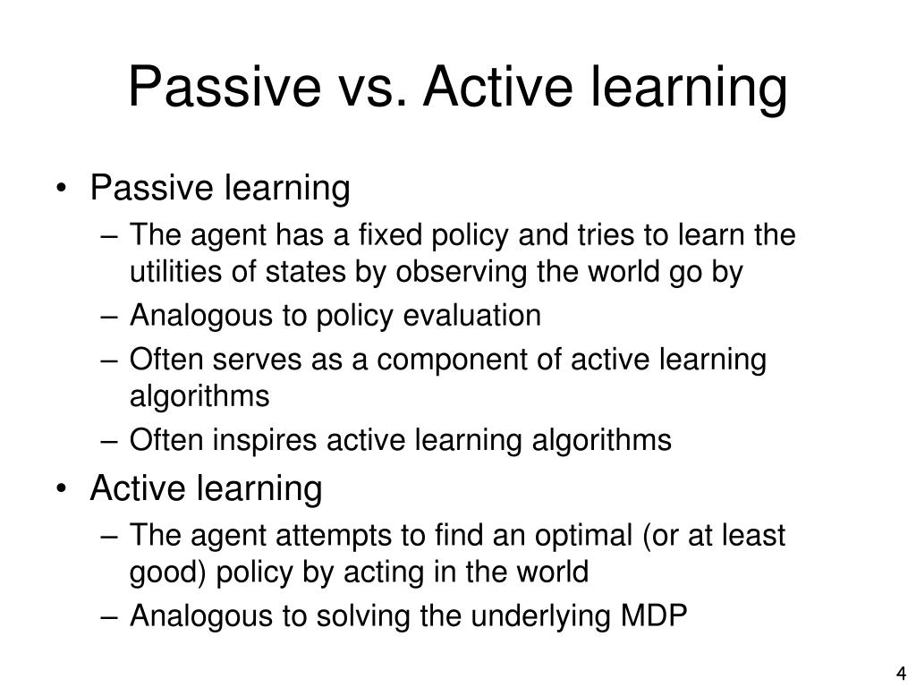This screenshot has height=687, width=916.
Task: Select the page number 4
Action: (901, 673)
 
